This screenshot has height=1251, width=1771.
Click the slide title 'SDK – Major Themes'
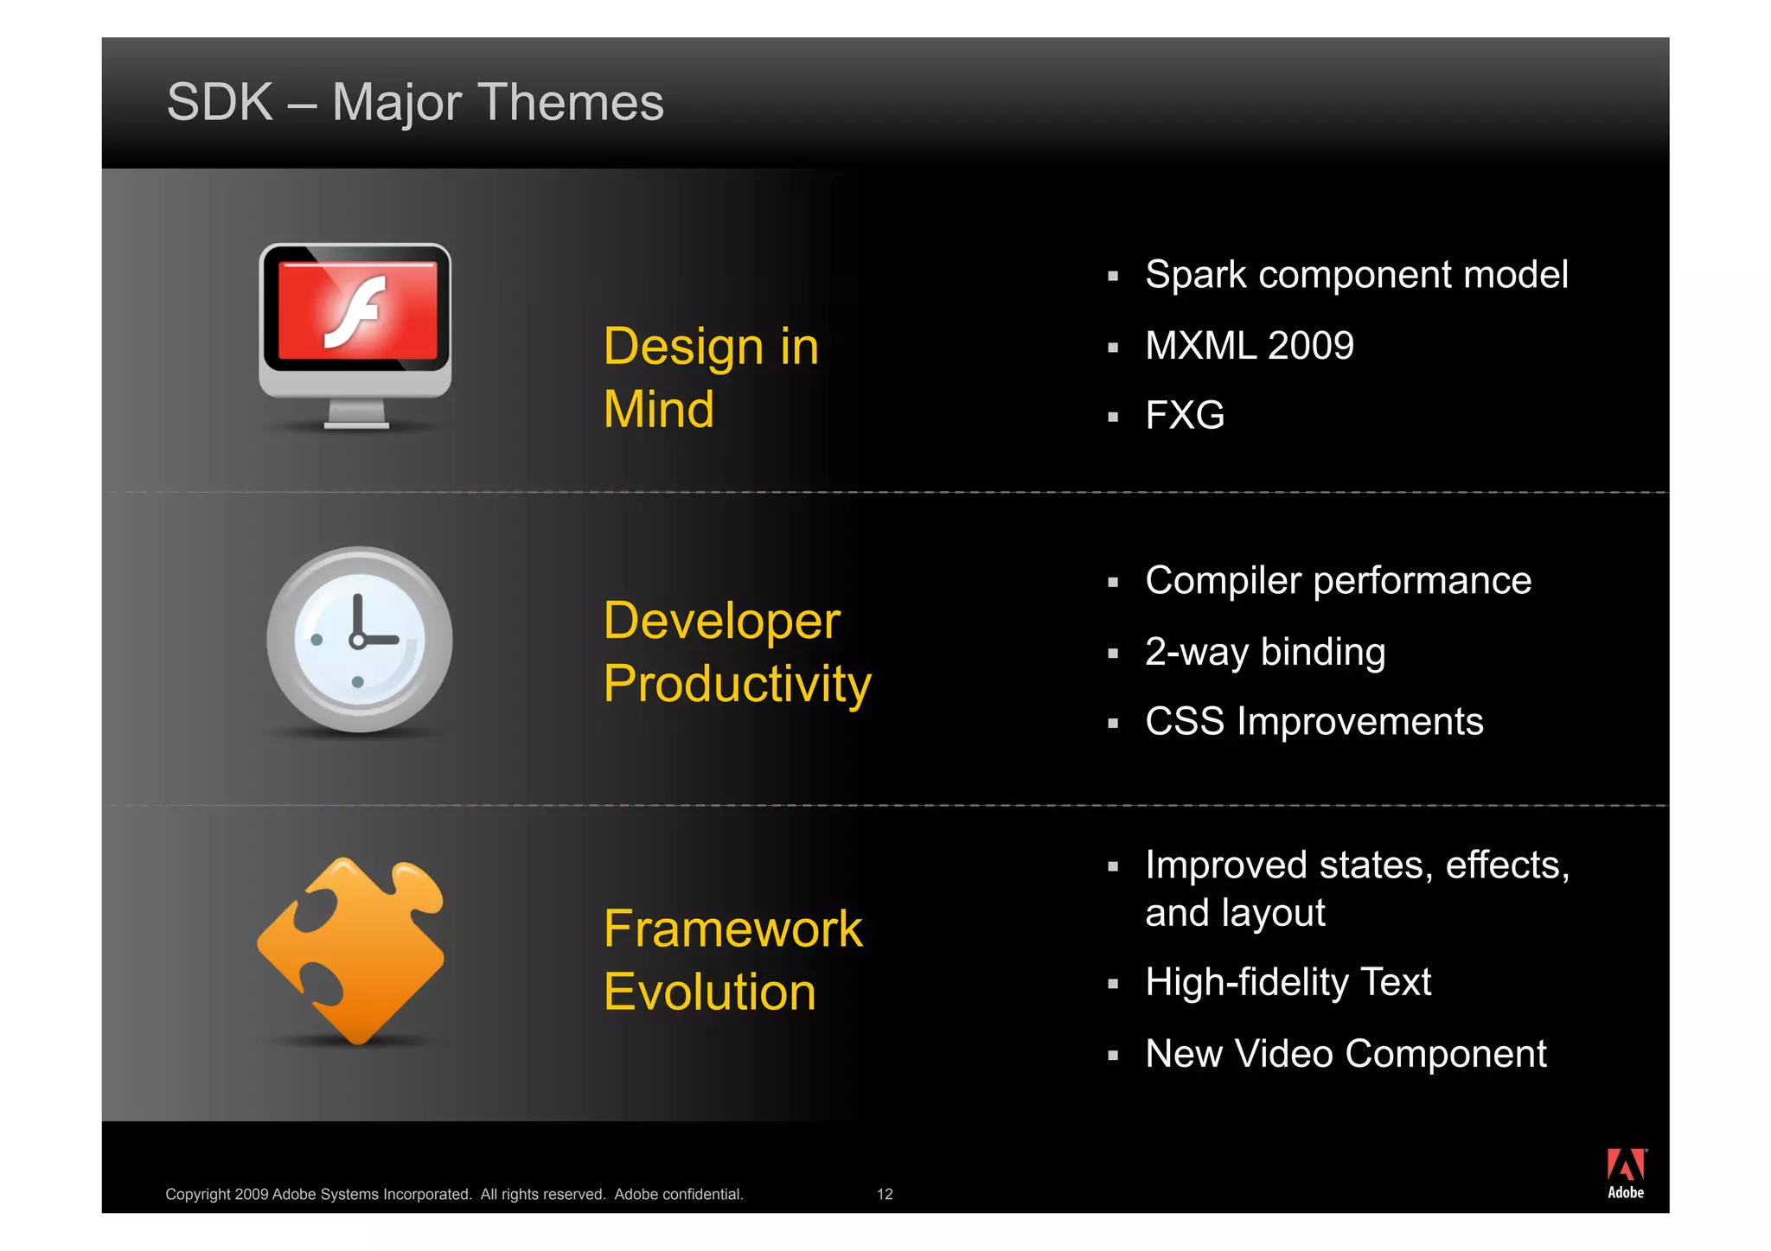[x=415, y=102]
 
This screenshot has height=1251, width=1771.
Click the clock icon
[x=359, y=640]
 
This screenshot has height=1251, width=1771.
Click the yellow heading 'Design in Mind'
[x=711, y=377]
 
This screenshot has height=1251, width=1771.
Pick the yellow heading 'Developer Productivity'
[x=737, y=652]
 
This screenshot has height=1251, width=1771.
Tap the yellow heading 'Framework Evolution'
[x=732, y=960]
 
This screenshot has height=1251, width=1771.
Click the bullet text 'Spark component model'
[x=1356, y=275]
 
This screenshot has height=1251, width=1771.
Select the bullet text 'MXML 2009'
[x=1249, y=346]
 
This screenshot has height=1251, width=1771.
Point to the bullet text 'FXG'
[x=1185, y=416]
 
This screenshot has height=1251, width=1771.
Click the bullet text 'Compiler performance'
[x=1338, y=581]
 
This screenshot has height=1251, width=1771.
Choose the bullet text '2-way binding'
[x=1265, y=652]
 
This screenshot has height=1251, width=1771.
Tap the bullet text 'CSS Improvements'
[x=1314, y=722]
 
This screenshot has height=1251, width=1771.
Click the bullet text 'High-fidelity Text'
[x=1288, y=983]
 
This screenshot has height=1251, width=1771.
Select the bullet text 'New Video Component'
[x=1346, y=1054]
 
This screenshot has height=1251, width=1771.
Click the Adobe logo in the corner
[x=1626, y=1173]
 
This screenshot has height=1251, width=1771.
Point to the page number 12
[x=885, y=1194]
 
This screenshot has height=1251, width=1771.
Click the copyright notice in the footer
[x=454, y=1194]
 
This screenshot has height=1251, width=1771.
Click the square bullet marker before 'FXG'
[x=1113, y=418]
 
